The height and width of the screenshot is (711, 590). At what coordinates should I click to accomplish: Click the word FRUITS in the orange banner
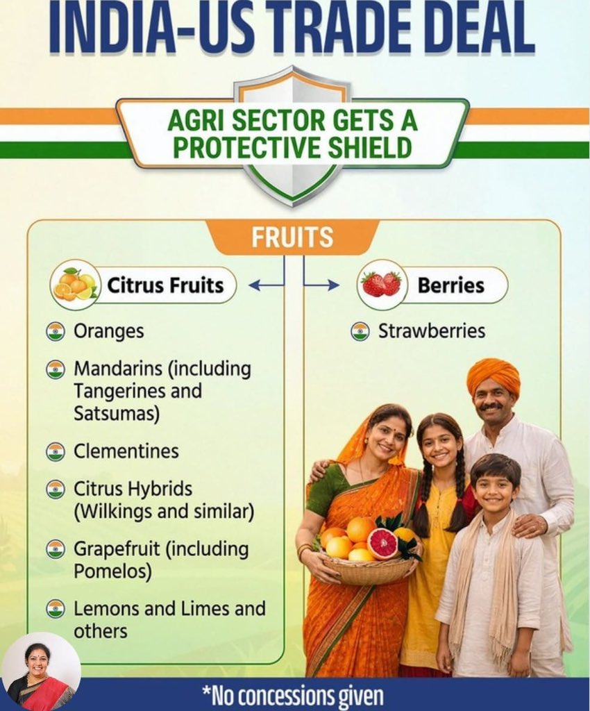pyautogui.click(x=292, y=237)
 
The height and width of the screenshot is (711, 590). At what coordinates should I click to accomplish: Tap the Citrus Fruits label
pyautogui.click(x=165, y=285)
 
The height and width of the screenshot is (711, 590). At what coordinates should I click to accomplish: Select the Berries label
pyautogui.click(x=451, y=285)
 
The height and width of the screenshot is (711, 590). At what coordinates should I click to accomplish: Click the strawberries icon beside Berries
pyautogui.click(x=382, y=284)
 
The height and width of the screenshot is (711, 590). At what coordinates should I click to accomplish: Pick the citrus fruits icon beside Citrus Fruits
pyautogui.click(x=75, y=285)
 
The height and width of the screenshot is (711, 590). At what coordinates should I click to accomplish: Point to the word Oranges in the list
pyautogui.click(x=109, y=331)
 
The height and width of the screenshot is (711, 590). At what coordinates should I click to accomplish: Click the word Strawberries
pyautogui.click(x=432, y=331)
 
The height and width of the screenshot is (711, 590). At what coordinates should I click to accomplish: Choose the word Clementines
pyautogui.click(x=126, y=451)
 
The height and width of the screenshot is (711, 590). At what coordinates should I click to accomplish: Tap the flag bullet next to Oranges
pyautogui.click(x=56, y=331)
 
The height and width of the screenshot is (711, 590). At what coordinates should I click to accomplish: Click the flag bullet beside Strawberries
pyautogui.click(x=360, y=331)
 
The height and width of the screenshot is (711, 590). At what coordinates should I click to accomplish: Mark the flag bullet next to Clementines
pyautogui.click(x=56, y=451)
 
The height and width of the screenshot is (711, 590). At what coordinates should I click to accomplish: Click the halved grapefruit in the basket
pyautogui.click(x=382, y=544)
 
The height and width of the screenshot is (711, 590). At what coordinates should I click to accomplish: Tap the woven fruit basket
pyautogui.click(x=369, y=569)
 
